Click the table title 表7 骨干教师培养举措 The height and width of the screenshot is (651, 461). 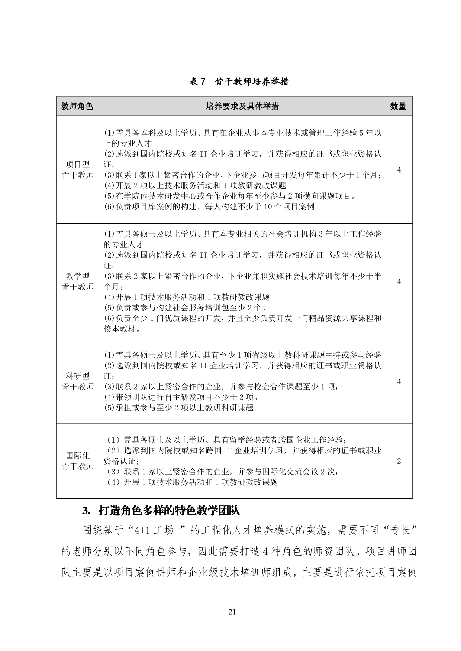[x=239, y=82]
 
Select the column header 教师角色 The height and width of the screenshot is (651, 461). [x=77, y=107]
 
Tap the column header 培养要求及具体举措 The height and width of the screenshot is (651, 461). [x=242, y=107]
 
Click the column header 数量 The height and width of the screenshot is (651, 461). [x=398, y=107]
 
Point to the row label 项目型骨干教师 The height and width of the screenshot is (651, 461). [x=77, y=170]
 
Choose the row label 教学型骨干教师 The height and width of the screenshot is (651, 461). [x=77, y=281]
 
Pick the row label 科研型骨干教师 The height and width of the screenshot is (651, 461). [x=77, y=381]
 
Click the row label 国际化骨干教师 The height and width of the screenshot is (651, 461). [x=77, y=461]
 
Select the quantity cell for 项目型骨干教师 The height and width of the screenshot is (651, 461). [x=399, y=170]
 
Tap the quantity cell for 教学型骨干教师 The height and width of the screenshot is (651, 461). [x=399, y=281]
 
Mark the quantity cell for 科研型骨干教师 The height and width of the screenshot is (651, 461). [x=399, y=381]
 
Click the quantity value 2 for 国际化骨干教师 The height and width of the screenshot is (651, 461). [x=399, y=461]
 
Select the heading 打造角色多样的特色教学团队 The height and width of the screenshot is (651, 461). [x=169, y=511]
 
